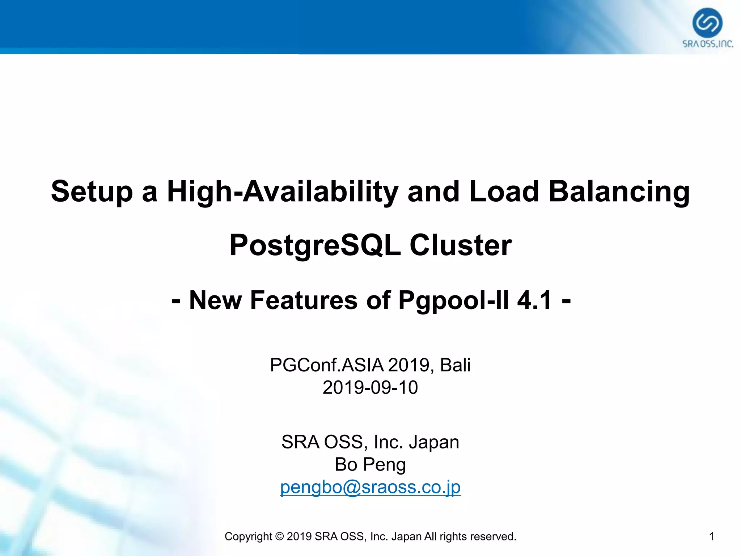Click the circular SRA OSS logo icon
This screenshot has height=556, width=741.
tap(707, 22)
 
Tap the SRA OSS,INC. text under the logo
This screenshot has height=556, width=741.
tap(708, 44)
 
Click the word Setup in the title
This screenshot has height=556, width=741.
tap(92, 191)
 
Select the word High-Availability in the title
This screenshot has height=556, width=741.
tap(283, 191)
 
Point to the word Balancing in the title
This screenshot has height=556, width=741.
tap(619, 191)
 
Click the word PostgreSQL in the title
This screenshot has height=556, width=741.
tap(315, 245)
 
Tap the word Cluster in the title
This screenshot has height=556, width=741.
tap(461, 245)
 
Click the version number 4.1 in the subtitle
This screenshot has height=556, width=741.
tap(534, 300)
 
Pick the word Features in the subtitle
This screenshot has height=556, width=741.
tap(304, 300)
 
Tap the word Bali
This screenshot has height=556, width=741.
tap(455, 365)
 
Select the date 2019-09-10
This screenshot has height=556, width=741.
tap(370, 387)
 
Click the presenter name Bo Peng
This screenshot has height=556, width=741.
tap(370, 464)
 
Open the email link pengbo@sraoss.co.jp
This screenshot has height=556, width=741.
tap(370, 487)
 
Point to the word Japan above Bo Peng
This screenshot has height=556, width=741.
tap(434, 442)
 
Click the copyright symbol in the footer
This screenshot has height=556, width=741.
tap(279, 536)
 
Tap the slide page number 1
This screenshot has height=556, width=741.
tap(711, 536)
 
